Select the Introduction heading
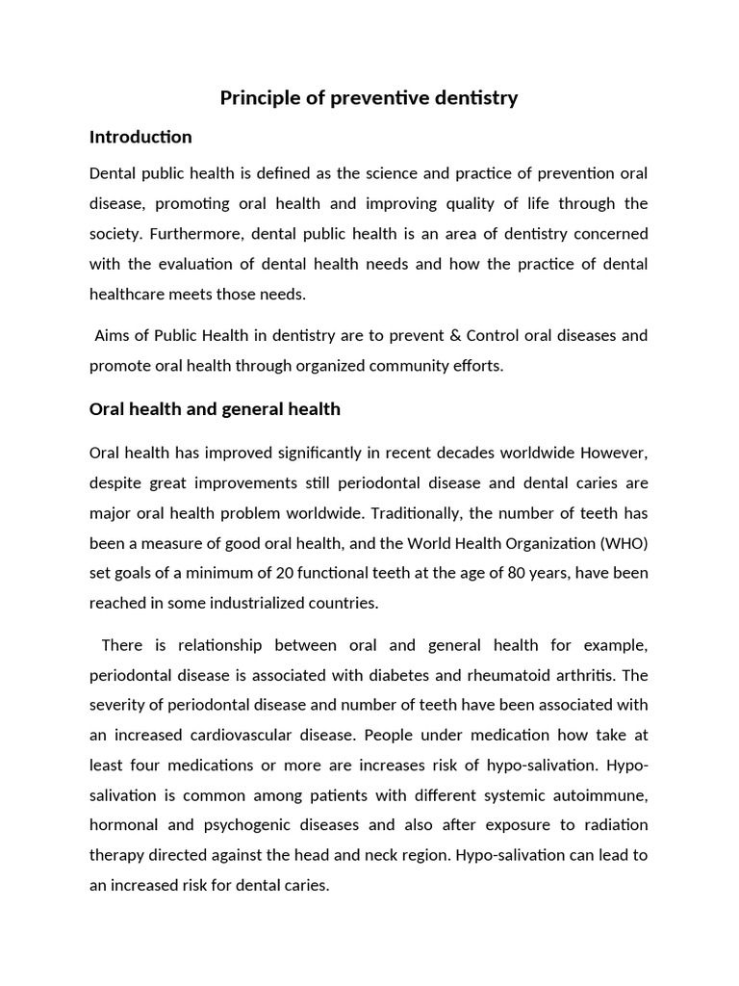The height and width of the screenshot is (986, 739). pos(140,137)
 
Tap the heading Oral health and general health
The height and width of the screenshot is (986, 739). pos(215,409)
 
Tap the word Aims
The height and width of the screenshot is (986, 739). pos(111,336)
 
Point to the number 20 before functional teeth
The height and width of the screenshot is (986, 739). pos(287,573)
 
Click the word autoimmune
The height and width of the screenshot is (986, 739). pos(602,794)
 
